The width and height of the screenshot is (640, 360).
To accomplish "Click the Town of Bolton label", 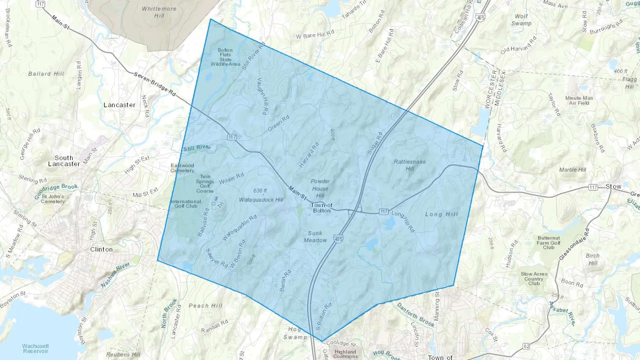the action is point(322,208).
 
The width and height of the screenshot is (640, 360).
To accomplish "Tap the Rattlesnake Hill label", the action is point(410,165).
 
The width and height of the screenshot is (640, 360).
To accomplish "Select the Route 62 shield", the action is point(526,346).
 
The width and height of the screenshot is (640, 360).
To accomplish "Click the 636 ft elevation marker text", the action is point(260,191).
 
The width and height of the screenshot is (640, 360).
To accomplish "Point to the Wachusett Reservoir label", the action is point(36,348).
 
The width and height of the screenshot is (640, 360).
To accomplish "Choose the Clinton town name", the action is point(101,249).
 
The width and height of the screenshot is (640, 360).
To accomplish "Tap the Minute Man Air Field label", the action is point(579,101).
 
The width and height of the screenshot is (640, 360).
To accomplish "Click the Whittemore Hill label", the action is point(159,12).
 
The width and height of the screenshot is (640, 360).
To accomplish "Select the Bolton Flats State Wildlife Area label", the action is point(225,57).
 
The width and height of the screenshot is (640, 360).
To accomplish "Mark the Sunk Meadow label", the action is point(315,237).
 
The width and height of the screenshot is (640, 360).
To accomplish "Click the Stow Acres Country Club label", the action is point(534,279).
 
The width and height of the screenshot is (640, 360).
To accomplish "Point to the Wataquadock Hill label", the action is point(261,200).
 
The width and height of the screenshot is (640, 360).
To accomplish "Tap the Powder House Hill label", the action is point(320,188).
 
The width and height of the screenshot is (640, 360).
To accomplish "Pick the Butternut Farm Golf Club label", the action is point(549,243).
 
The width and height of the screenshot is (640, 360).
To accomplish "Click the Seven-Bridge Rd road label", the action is point(155,84).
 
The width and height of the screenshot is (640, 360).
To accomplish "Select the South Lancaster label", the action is point(64,161).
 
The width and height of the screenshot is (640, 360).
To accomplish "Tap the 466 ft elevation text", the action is point(620,71).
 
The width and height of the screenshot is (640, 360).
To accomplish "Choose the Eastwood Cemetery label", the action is point(182,168).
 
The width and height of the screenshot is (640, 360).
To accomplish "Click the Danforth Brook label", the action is point(416,315).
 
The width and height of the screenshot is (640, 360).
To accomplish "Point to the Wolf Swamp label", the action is point(521,20).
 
